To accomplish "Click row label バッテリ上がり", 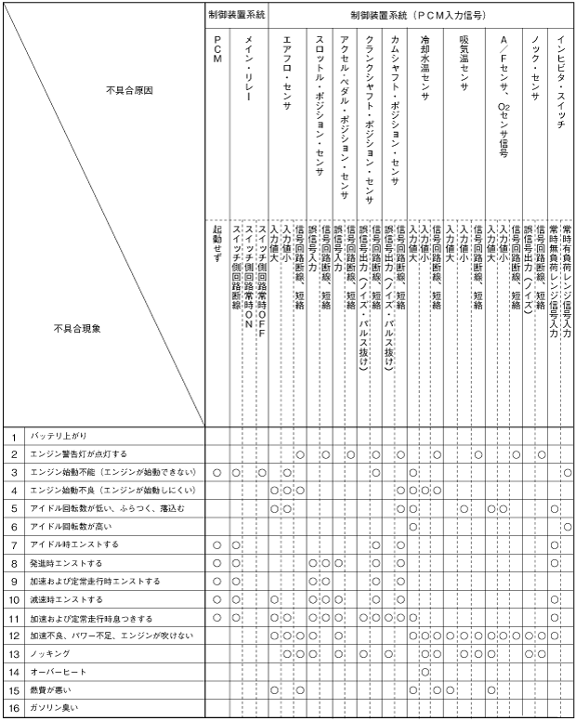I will [x=59, y=436].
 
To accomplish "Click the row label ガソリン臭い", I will [x=54, y=709].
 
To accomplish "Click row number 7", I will [x=14, y=544].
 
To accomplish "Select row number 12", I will [x=14, y=636].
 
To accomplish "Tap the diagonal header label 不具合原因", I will [x=129, y=90].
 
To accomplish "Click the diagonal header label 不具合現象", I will [x=78, y=327].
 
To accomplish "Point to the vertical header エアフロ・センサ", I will [x=286, y=74].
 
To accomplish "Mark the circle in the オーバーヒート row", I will [x=425, y=673].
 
